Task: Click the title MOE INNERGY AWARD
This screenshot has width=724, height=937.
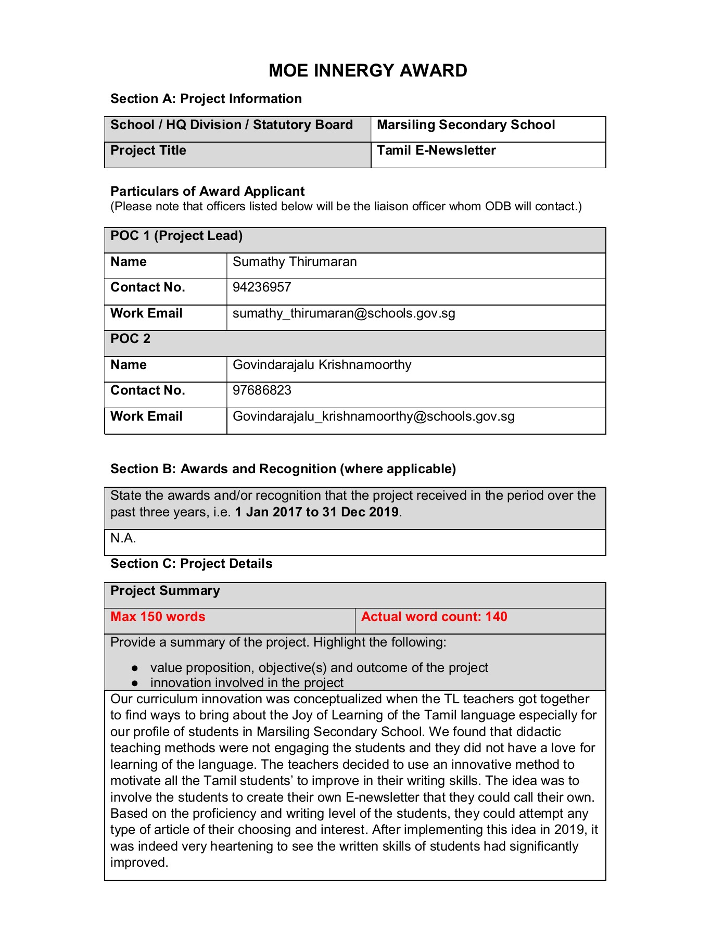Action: point(367,71)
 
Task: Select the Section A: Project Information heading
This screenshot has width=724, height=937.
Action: point(206,99)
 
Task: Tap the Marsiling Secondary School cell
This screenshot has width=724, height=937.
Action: point(466,125)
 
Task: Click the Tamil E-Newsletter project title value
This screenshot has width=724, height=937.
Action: point(436,150)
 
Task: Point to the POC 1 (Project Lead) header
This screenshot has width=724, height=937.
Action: point(176,236)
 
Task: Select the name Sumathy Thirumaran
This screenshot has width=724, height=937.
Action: point(295,262)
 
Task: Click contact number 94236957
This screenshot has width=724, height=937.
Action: point(262,287)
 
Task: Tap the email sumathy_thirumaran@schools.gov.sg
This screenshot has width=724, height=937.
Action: point(344,313)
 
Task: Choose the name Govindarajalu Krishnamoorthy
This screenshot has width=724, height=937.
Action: point(322,365)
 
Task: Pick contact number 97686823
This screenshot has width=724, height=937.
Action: point(262,390)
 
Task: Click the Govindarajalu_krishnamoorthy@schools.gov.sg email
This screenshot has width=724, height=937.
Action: point(373,416)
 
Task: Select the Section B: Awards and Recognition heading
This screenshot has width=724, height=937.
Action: point(283,469)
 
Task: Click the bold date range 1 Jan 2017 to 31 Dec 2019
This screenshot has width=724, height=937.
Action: point(316,512)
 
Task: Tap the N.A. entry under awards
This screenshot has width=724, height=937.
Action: point(123,538)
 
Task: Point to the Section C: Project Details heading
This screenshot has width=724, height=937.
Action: point(191,564)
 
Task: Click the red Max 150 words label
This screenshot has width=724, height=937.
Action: point(158,617)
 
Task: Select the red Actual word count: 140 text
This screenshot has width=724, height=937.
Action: point(434,617)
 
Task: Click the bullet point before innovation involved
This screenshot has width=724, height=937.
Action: point(135,683)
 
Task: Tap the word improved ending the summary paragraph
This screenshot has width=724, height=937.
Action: point(139,863)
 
